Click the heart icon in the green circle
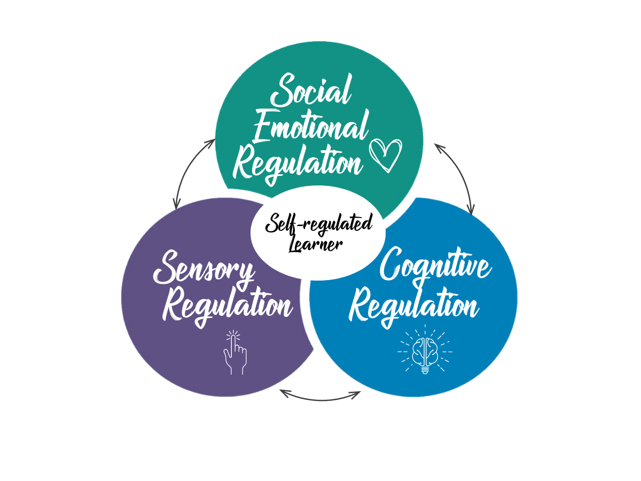click(x=386, y=155)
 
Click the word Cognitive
click(x=435, y=266)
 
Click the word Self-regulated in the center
click(x=319, y=223)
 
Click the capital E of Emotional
click(x=263, y=127)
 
